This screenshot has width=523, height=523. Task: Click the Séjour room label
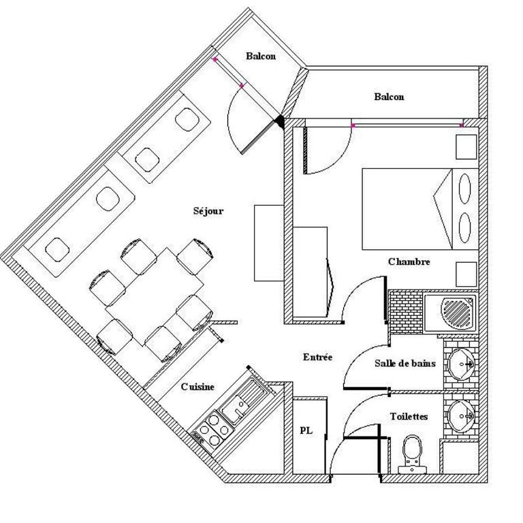[208, 211]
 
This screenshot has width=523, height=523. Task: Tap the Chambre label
[409, 261]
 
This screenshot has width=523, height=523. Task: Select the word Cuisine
[197, 387]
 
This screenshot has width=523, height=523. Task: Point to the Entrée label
[317, 358]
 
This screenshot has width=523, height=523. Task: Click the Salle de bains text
[405, 363]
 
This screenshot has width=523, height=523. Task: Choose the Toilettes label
[409, 417]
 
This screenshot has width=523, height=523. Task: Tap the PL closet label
[306, 430]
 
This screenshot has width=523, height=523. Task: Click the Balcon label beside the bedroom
[389, 97]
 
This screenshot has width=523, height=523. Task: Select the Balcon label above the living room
[261, 56]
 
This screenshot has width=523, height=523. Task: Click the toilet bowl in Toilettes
[412, 454]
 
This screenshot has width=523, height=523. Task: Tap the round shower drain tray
[457, 313]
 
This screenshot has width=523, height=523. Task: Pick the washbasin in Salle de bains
[460, 364]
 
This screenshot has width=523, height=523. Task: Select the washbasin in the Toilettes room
[461, 416]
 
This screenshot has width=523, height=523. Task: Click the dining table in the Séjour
[155, 296]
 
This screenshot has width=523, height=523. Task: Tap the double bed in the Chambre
[420, 209]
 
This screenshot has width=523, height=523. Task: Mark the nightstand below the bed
[466, 274]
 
